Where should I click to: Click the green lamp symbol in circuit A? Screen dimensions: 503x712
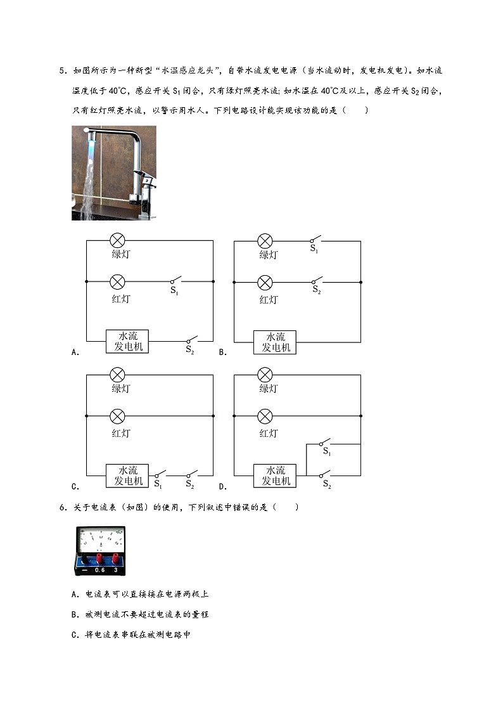117,241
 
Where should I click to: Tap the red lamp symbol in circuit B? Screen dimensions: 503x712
265,282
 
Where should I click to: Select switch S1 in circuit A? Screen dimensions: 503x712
175,280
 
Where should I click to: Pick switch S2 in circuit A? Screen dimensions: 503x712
191,339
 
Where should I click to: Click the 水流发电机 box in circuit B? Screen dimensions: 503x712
275,342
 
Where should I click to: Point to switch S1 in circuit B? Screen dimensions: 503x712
315,239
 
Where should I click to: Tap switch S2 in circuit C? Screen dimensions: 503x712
191,474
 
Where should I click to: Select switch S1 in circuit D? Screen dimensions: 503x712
324,442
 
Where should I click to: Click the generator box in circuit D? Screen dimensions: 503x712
275,476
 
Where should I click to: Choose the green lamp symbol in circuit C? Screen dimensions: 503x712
117,375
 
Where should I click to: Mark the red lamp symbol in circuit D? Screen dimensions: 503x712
265,416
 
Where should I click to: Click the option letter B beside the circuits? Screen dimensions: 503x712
222,353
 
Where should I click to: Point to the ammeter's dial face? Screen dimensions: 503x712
100,540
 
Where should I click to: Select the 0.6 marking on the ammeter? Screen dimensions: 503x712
100,570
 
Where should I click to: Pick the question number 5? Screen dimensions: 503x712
63,71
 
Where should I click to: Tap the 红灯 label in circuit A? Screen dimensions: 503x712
121,299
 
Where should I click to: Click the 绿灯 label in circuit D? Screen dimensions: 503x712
269,389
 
